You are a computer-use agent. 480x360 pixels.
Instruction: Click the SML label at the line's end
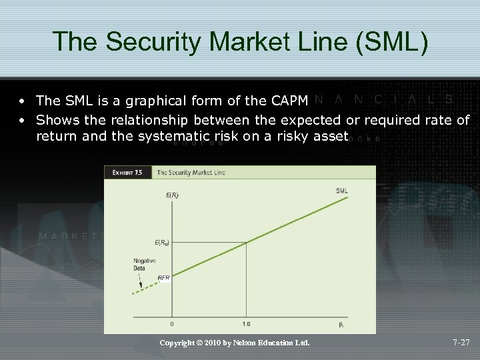341,191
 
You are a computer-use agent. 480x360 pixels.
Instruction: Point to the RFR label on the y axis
163,277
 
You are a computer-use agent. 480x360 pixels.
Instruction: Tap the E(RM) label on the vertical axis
163,243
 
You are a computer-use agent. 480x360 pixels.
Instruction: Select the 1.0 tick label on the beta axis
246,324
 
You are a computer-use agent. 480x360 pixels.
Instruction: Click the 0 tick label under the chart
173,324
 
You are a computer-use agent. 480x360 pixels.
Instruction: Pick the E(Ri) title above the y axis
172,195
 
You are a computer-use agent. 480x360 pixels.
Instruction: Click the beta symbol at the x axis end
341,324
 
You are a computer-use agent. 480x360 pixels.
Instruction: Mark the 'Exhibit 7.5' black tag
127,173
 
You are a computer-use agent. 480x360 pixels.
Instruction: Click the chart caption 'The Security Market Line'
191,173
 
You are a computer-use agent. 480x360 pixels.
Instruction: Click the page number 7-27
461,343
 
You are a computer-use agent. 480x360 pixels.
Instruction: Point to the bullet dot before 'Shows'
23,121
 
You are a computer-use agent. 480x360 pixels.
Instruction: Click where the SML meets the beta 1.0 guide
246,242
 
